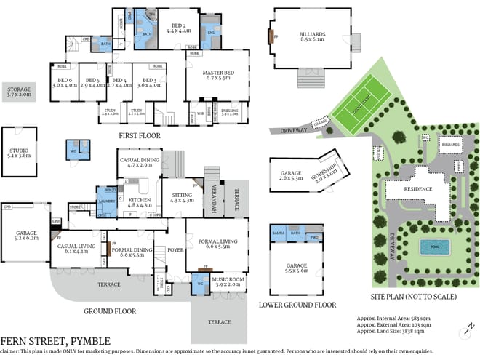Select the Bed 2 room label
pos(179,27)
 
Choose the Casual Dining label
pos(137,162)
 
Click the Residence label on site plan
pos(418,189)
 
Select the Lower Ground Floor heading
pos(297,305)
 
